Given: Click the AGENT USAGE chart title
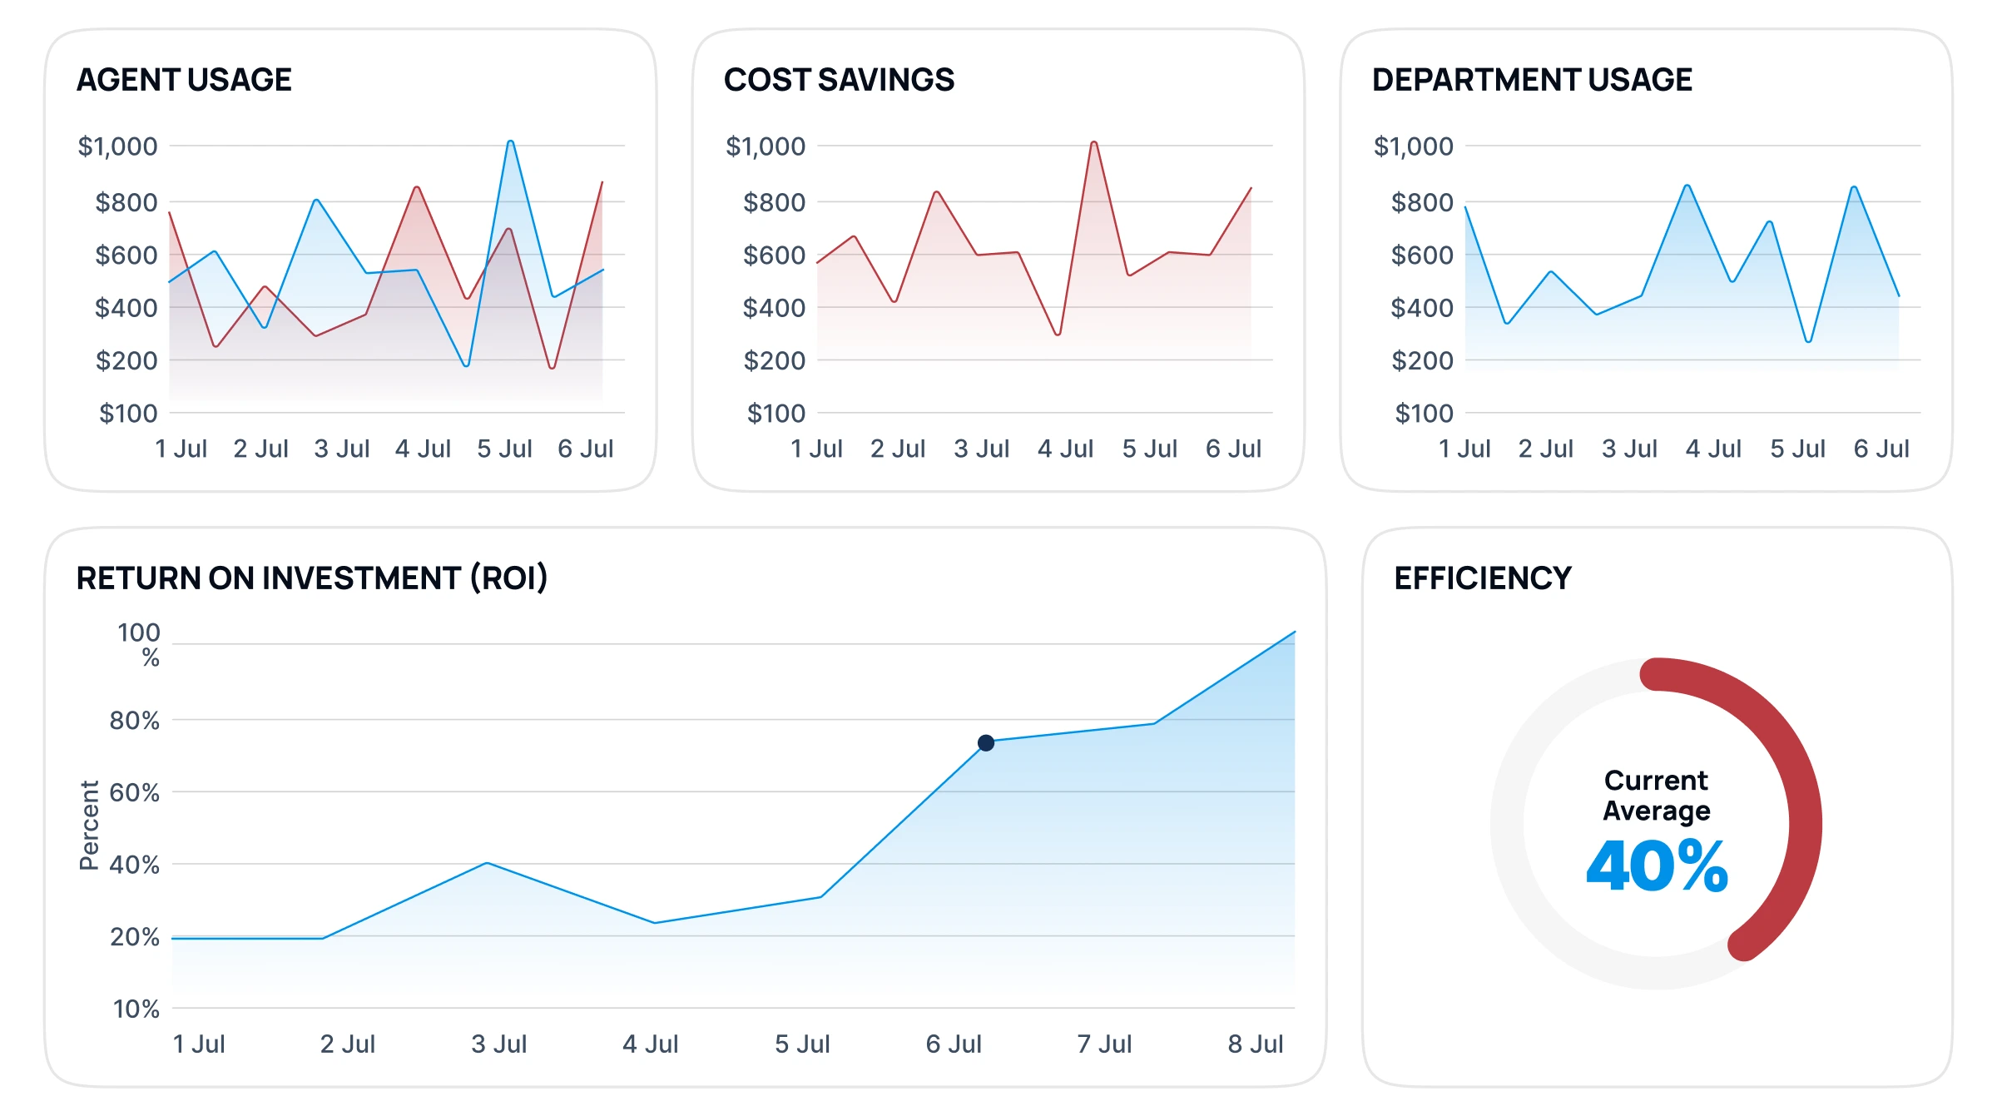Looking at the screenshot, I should point(184,80).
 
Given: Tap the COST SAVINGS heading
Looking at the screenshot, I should point(839,80).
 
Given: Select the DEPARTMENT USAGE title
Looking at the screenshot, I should point(1532,80).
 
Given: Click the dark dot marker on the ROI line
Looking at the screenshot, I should point(986,742).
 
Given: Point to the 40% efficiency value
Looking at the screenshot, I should point(1657,866).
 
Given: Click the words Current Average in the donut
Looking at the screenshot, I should point(1656,795).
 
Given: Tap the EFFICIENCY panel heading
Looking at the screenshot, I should point(1483,578).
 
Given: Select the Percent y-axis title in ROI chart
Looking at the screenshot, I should point(89,825).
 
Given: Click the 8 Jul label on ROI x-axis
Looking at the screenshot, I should point(1255,1044).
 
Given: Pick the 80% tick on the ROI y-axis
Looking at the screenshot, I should point(135,721).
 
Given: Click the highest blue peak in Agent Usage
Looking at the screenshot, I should point(510,142).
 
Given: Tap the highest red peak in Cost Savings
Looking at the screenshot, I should point(1093,143).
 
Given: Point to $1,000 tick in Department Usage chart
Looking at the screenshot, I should point(1413,146).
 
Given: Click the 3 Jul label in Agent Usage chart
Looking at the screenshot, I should point(342,449).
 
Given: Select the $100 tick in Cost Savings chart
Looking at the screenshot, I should point(776,414).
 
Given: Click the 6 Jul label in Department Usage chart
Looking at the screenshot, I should point(1881,449).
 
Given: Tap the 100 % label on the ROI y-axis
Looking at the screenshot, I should point(139,644).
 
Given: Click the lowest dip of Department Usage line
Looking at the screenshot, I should point(1808,340).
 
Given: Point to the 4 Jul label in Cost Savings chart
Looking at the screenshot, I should point(1065,449).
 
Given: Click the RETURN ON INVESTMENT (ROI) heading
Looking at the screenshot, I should point(312,578).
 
